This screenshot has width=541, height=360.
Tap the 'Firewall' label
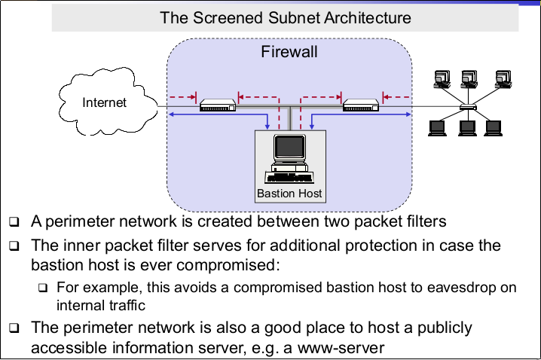pyautogui.click(x=289, y=52)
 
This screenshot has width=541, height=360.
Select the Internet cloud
pyautogui.click(x=105, y=102)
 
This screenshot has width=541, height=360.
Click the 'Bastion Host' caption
pyautogui.click(x=289, y=194)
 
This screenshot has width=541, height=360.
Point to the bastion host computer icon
pyautogui.click(x=289, y=160)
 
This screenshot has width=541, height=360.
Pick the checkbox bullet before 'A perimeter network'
pyautogui.click(x=14, y=223)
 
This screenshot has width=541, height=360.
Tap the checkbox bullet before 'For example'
pyautogui.click(x=43, y=288)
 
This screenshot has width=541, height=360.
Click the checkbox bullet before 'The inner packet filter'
pyautogui.click(x=14, y=246)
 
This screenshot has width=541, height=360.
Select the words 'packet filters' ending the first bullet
pyautogui.click(x=407, y=222)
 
